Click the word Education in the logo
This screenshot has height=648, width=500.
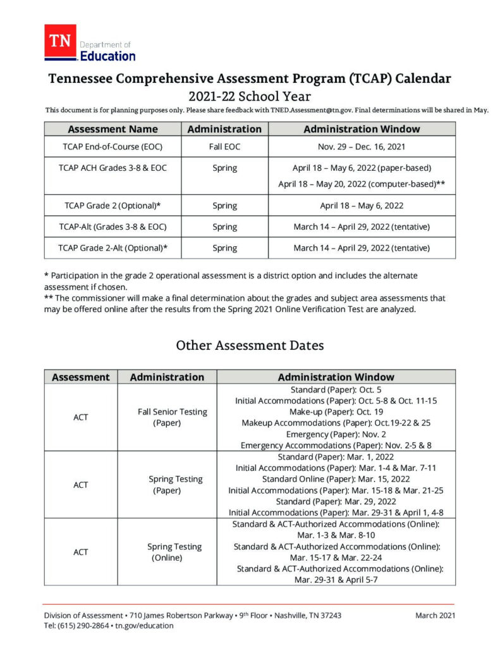tap(107, 56)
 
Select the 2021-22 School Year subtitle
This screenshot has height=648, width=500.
tap(250, 96)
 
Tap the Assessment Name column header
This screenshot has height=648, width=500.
tap(113, 129)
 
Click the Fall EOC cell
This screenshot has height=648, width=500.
tap(224, 146)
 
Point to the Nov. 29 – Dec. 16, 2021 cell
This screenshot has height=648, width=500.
tap(361, 146)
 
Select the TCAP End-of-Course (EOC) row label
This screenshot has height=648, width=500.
tap(113, 146)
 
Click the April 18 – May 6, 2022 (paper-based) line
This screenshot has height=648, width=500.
tap(361, 168)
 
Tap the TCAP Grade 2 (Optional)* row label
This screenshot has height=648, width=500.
tap(113, 206)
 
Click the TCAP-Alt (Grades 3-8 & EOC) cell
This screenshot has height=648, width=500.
tap(113, 227)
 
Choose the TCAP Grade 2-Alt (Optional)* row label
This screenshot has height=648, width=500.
tap(113, 247)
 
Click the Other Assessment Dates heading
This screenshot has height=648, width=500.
tap(250, 346)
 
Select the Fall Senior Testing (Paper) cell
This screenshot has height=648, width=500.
tap(172, 417)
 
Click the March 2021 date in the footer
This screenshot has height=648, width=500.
tap(435, 615)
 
